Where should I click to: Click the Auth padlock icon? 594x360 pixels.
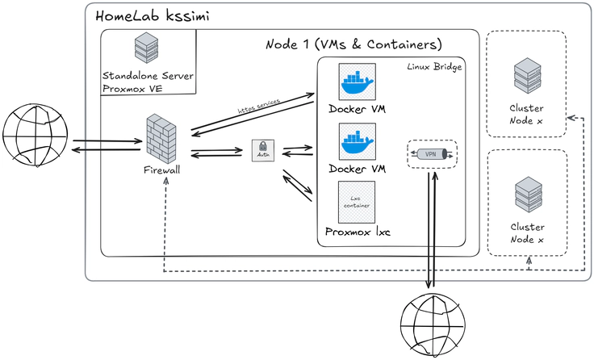261,150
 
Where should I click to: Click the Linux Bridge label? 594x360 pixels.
434,66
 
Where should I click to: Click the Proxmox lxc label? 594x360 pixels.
358,232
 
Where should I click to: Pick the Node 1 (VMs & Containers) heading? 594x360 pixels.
353,44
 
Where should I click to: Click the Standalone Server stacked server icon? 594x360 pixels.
146,48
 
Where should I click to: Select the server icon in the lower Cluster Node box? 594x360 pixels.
526,196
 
